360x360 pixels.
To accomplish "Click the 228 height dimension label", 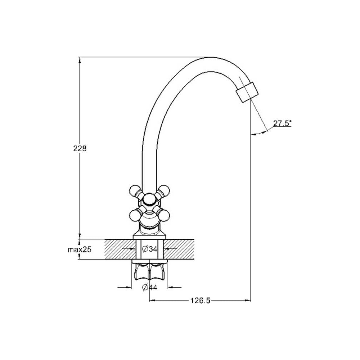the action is pyautogui.click(x=80, y=149).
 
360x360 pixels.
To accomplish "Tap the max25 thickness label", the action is pyautogui.click(x=79, y=249).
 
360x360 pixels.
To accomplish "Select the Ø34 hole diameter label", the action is pyautogui.click(x=149, y=249).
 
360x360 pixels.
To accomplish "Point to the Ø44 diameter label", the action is pyautogui.click(x=149, y=287).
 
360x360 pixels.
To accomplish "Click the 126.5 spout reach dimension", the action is pyautogui.click(x=200, y=301).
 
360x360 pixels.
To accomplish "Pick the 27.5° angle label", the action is pyautogui.click(x=282, y=123).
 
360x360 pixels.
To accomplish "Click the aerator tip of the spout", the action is pyautogui.click(x=247, y=92).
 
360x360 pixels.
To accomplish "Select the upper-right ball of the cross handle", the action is pyautogui.click(x=165, y=190).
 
